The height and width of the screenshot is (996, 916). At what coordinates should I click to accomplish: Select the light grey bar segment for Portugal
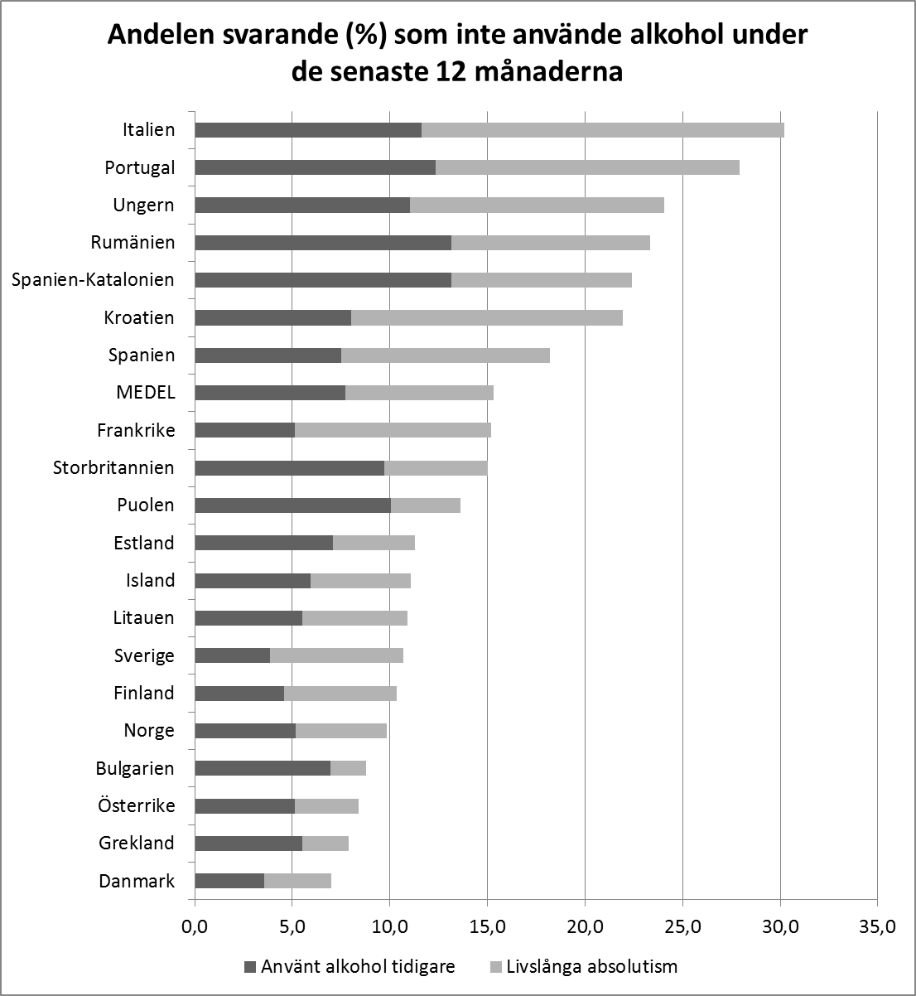pyautogui.click(x=587, y=167)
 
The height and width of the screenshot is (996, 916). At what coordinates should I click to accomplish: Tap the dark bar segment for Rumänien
pyautogui.click(x=323, y=243)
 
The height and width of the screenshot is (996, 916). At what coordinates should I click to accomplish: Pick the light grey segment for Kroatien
pyautogui.click(x=487, y=317)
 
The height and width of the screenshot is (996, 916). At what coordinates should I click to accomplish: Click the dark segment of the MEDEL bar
pyautogui.click(x=270, y=393)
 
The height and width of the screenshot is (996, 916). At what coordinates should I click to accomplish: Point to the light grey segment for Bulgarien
pyautogui.click(x=348, y=768)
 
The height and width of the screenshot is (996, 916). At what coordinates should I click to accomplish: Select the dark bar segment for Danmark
pyautogui.click(x=229, y=881)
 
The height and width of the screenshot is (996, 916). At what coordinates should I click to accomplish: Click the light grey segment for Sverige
pyautogui.click(x=336, y=655)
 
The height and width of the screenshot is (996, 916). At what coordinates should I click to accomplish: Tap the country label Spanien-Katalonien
pyautogui.click(x=93, y=279)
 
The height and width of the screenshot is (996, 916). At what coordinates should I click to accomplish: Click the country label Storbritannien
pyautogui.click(x=113, y=467)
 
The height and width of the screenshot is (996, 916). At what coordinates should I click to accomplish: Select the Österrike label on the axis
pyautogui.click(x=137, y=805)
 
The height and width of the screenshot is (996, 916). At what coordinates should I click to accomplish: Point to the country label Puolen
pyautogui.click(x=147, y=505)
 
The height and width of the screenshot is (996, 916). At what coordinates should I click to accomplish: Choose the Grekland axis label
pyautogui.click(x=137, y=843)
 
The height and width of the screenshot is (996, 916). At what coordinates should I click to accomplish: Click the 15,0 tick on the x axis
pyautogui.click(x=487, y=926)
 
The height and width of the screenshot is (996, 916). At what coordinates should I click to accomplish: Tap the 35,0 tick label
pyautogui.click(x=877, y=926)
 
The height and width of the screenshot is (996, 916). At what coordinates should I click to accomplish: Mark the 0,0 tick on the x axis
pyautogui.click(x=195, y=926)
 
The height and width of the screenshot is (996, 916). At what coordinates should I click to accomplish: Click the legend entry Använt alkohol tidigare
pyautogui.click(x=358, y=966)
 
